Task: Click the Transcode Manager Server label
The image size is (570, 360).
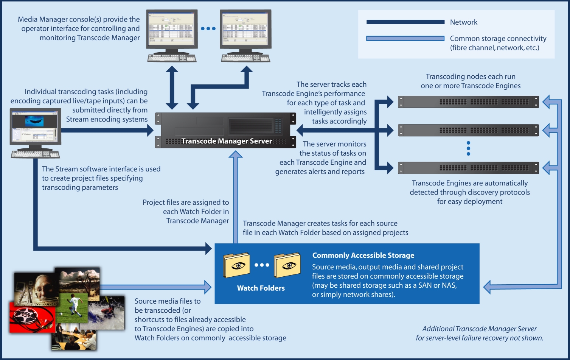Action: click(227, 141)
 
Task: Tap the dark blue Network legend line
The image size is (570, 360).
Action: click(405, 22)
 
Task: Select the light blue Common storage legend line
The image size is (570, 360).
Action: click(405, 38)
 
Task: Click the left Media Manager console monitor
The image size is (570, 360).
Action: click(172, 29)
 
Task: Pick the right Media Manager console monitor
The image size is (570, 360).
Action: click(245, 29)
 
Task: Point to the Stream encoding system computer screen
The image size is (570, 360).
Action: click(35, 127)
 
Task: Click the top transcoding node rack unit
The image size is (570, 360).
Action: click(468, 102)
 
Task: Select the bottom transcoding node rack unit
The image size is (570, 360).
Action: click(468, 168)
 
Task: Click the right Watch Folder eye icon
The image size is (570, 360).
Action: click(288, 265)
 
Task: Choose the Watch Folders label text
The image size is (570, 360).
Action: click(261, 288)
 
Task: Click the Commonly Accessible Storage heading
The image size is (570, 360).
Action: click(363, 256)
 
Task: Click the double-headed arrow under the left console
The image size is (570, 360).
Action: click(172, 87)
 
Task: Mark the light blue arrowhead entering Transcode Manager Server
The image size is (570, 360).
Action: click(236, 154)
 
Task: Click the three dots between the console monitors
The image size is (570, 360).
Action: click(208, 28)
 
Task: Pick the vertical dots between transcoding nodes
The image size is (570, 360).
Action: click(468, 148)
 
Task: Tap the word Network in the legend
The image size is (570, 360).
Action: click(463, 22)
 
